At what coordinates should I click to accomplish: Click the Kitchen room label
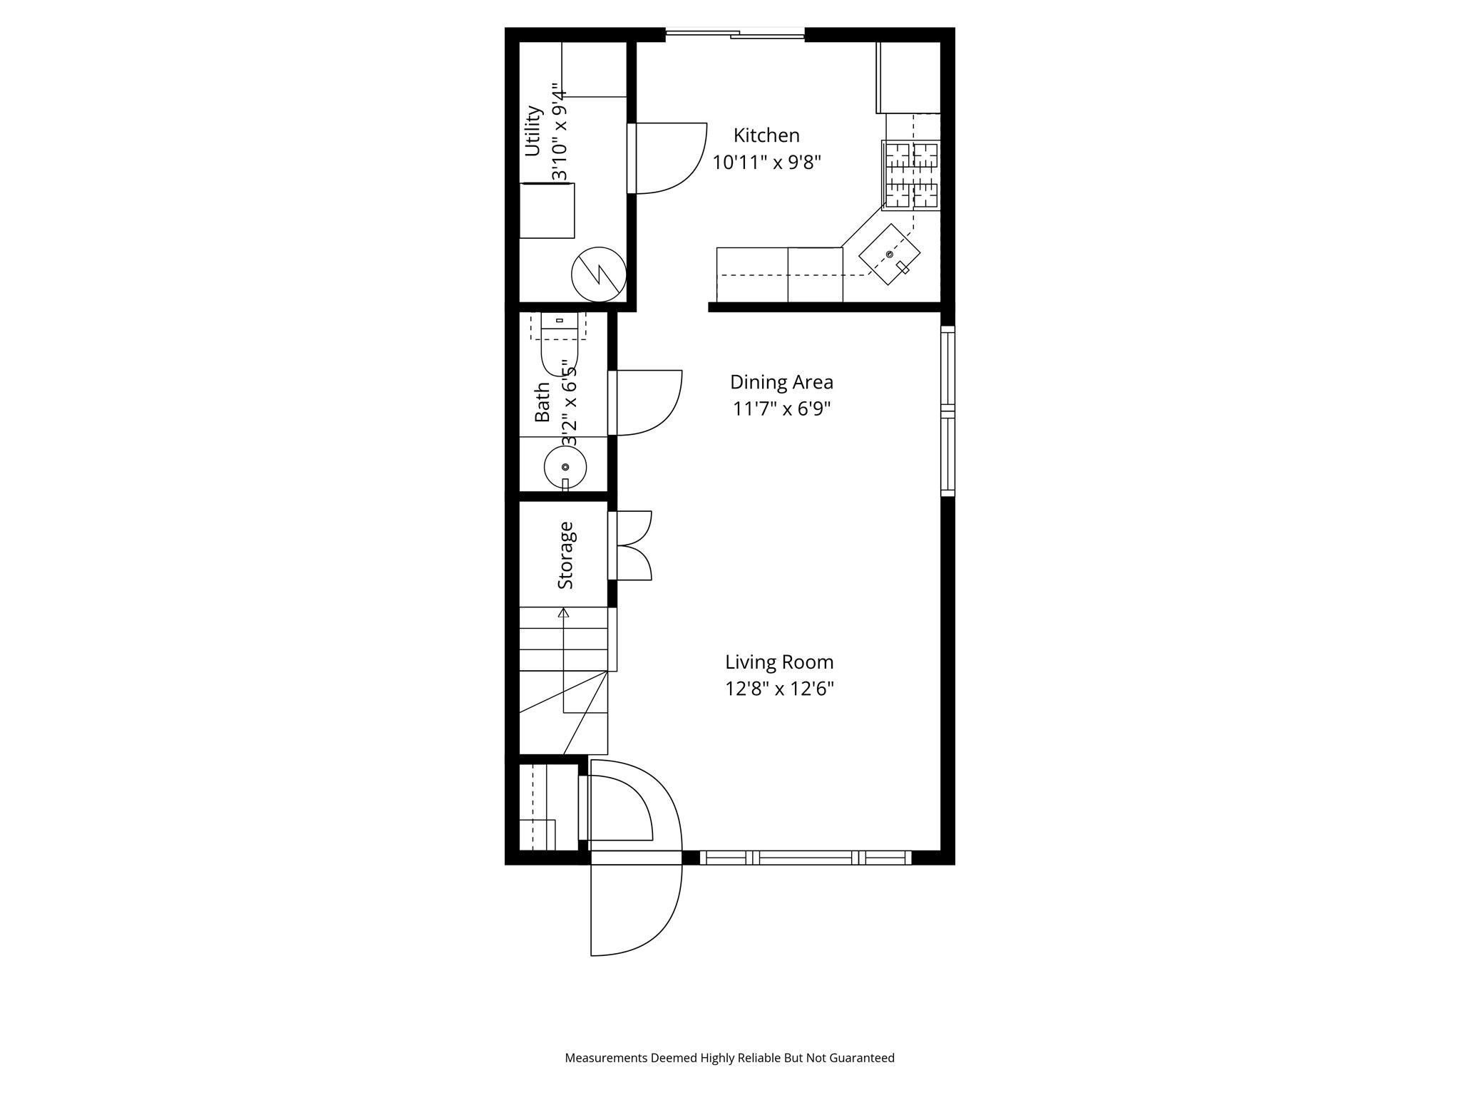pyautogui.click(x=766, y=135)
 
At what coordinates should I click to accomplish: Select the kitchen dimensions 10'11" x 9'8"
pyautogui.click(x=767, y=163)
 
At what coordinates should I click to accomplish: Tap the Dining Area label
pyautogui.click(x=781, y=382)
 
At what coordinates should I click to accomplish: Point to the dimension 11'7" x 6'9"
pyautogui.click(x=782, y=409)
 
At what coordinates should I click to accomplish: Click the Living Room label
pyautogui.click(x=779, y=662)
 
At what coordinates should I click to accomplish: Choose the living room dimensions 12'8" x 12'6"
pyautogui.click(x=779, y=689)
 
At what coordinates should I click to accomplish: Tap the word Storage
pyautogui.click(x=565, y=555)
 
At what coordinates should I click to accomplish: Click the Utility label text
pyautogui.click(x=533, y=131)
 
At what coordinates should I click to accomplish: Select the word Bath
pyautogui.click(x=543, y=402)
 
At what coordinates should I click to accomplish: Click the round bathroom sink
pyautogui.click(x=565, y=468)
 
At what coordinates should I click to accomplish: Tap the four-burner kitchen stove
pyautogui.click(x=911, y=175)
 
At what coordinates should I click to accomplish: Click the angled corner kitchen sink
pyautogui.click(x=889, y=255)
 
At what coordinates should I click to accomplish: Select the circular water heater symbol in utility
pyautogui.click(x=599, y=274)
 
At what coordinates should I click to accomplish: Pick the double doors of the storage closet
pyautogui.click(x=633, y=545)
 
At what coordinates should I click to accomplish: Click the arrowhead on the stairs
pyautogui.click(x=564, y=612)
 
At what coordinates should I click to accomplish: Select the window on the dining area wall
pyautogui.click(x=947, y=411)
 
